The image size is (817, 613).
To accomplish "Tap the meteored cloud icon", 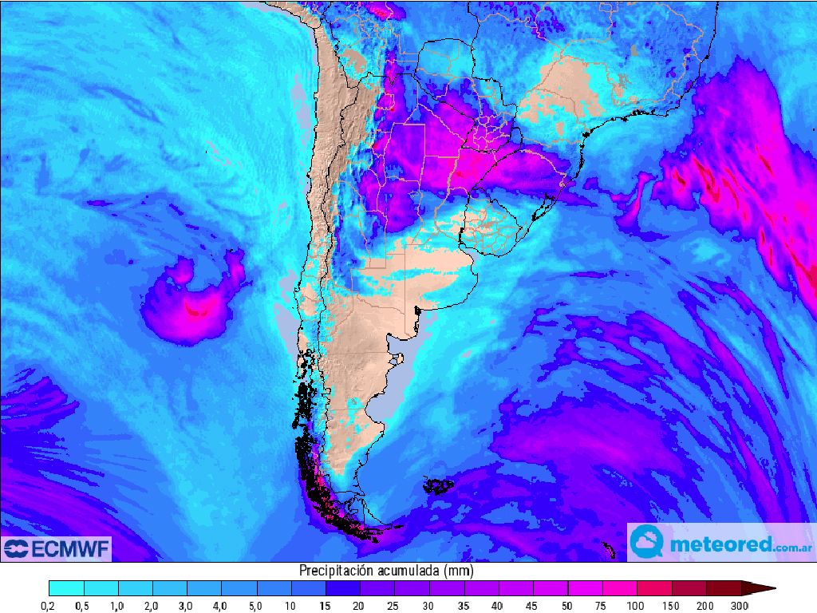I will (x=646, y=544).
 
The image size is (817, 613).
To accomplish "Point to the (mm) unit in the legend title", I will (x=460, y=571).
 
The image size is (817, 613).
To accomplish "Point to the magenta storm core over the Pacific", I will (x=199, y=307).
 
